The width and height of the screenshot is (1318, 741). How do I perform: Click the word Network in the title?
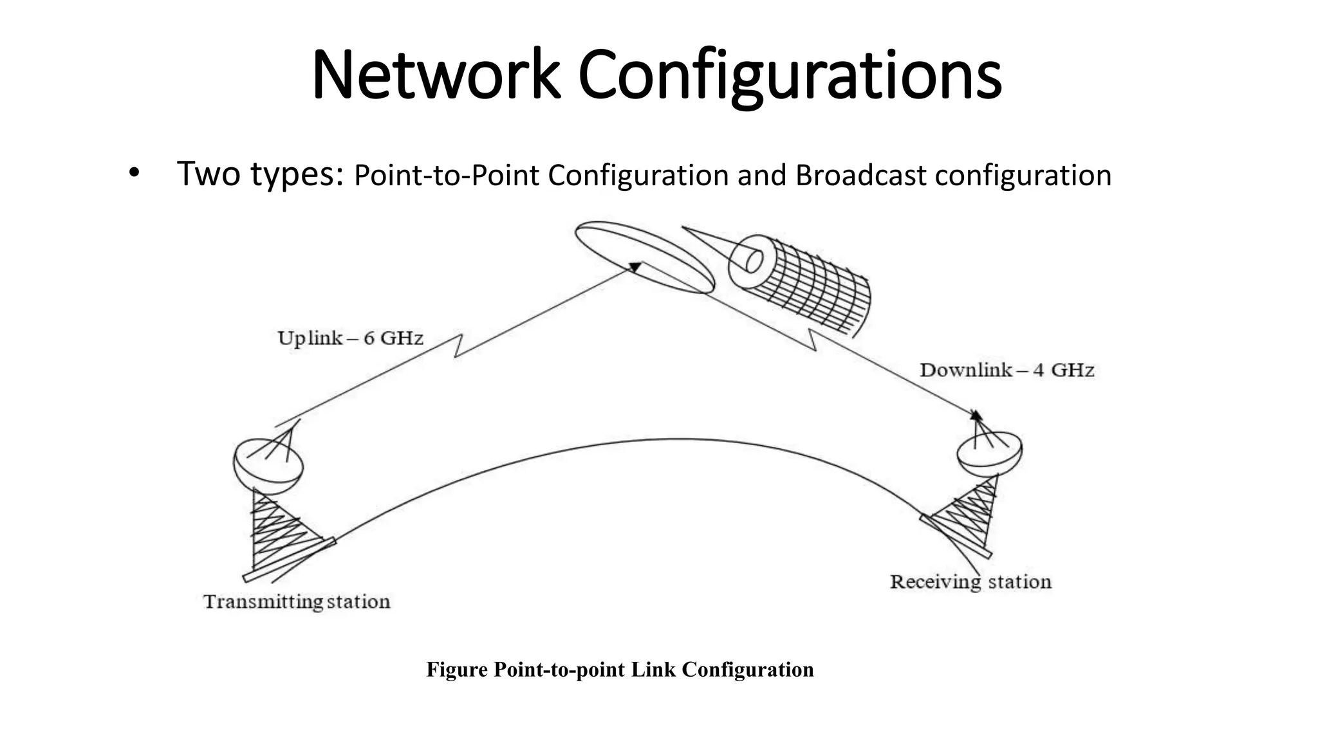pyautogui.click(x=436, y=76)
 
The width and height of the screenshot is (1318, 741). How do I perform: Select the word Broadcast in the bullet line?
pyautogui.click(x=861, y=176)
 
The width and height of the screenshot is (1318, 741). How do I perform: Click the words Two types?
pyautogui.click(x=259, y=174)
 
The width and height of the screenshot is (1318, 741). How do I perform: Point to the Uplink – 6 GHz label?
pyautogui.click(x=350, y=338)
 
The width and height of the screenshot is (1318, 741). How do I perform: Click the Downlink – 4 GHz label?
pyautogui.click(x=1007, y=370)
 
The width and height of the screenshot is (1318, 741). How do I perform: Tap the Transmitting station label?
pyautogui.click(x=297, y=602)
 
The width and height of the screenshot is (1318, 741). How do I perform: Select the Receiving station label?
pyautogui.click(x=970, y=582)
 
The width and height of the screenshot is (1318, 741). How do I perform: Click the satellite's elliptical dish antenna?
pyautogui.click(x=644, y=257)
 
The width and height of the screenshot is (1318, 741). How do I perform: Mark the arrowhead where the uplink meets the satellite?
pyautogui.click(x=635, y=266)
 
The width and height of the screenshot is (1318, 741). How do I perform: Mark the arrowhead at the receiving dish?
pyautogui.click(x=976, y=415)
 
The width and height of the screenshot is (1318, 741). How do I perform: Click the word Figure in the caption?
pyautogui.click(x=457, y=670)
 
